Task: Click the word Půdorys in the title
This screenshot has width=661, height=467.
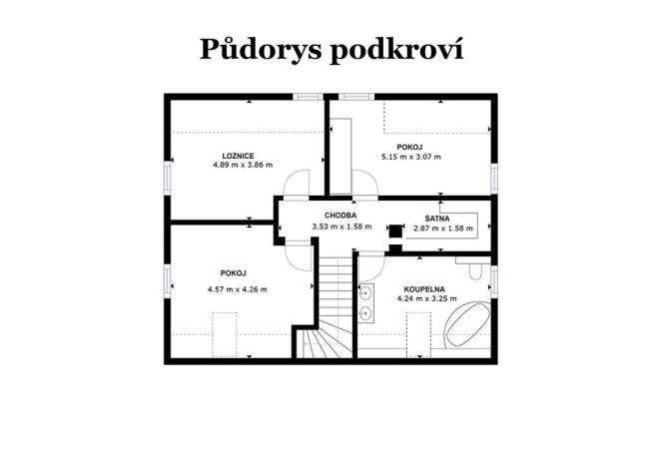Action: coord(252,49)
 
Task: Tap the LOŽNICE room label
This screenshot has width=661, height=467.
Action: coord(238,155)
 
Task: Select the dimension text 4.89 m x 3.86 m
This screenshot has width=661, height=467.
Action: coord(242,166)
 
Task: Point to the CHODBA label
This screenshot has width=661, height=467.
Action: coord(340,216)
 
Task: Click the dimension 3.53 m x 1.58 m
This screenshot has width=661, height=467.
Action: coord(340,227)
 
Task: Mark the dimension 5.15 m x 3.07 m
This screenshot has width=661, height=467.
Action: coord(410,157)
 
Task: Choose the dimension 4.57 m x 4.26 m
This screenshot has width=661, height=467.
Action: coord(237,289)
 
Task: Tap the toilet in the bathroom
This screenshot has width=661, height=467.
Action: coord(475,270)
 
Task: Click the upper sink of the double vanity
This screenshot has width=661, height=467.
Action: coord(366,293)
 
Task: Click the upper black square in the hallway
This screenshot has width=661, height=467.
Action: coord(394,225)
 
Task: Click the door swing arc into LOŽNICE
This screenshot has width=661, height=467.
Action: coord(296,185)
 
